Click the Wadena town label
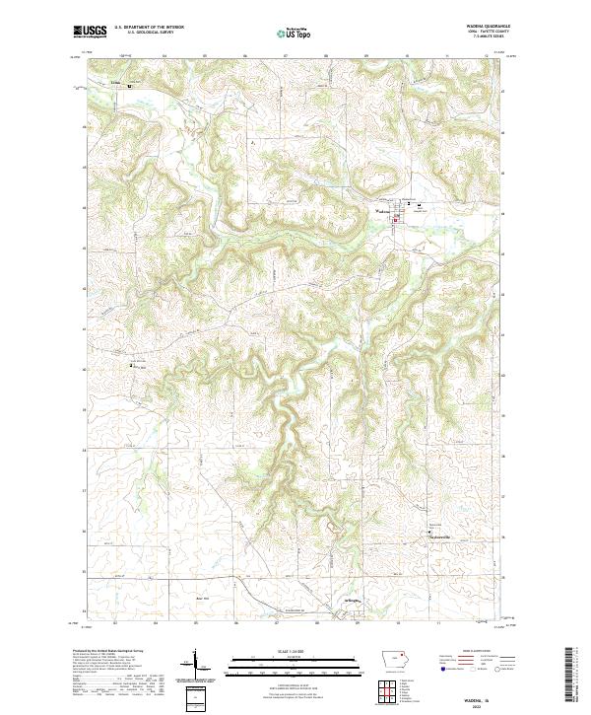click(383, 209)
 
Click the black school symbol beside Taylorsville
click(430, 534)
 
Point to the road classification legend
click(482, 660)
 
